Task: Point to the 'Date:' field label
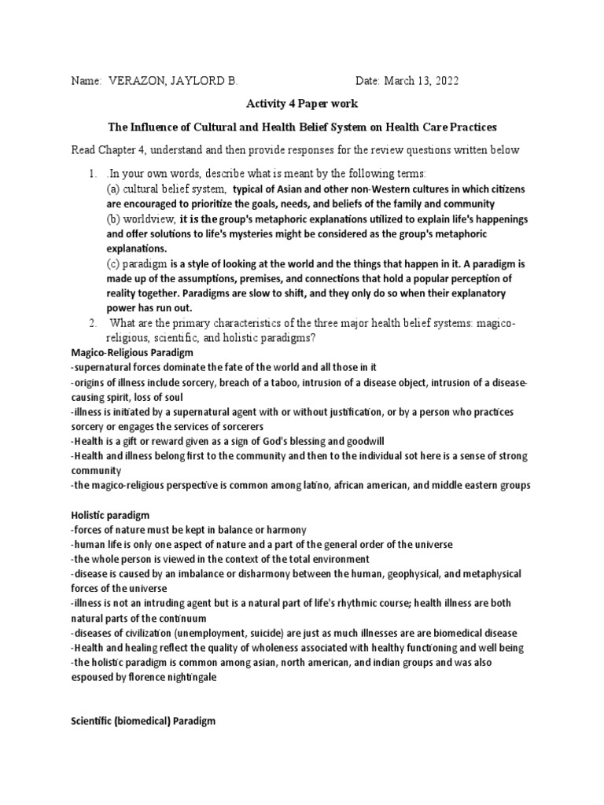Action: point(369,81)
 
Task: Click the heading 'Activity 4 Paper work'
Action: point(301,104)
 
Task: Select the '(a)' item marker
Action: point(116,189)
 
